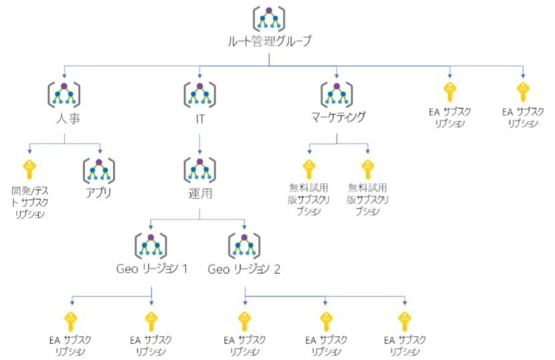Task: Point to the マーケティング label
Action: (x=339, y=118)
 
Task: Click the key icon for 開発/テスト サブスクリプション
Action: (x=29, y=168)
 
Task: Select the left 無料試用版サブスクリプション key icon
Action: (x=308, y=168)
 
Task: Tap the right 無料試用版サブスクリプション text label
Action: (x=367, y=199)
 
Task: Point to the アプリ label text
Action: (x=98, y=194)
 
